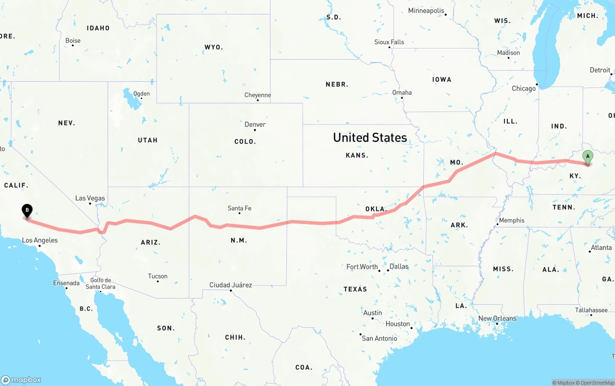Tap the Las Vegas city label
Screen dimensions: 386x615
click(x=90, y=198)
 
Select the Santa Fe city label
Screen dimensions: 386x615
click(x=239, y=208)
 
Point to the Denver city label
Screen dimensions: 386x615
click(x=255, y=125)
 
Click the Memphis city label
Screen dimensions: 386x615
click(x=512, y=221)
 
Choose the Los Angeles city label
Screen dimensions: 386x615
click(x=40, y=240)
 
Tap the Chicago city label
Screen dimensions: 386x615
click(x=524, y=88)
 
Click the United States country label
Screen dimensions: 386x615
click(x=370, y=137)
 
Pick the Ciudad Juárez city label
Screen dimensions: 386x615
click(x=231, y=285)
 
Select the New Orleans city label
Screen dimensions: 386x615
click(x=497, y=318)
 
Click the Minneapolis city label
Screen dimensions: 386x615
click(x=426, y=11)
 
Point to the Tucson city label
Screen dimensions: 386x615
click(x=158, y=276)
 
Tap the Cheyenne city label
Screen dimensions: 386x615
click(x=258, y=95)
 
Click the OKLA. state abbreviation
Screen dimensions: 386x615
click(x=376, y=209)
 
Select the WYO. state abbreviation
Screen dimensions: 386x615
click(x=213, y=47)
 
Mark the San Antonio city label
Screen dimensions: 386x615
click(x=380, y=338)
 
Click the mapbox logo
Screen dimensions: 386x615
click(x=21, y=380)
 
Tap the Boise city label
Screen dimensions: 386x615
click(x=73, y=41)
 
